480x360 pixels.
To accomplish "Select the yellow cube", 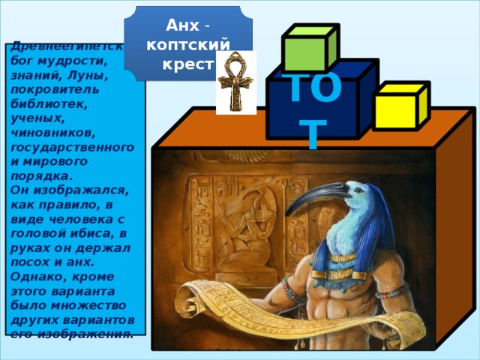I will (394, 111).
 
